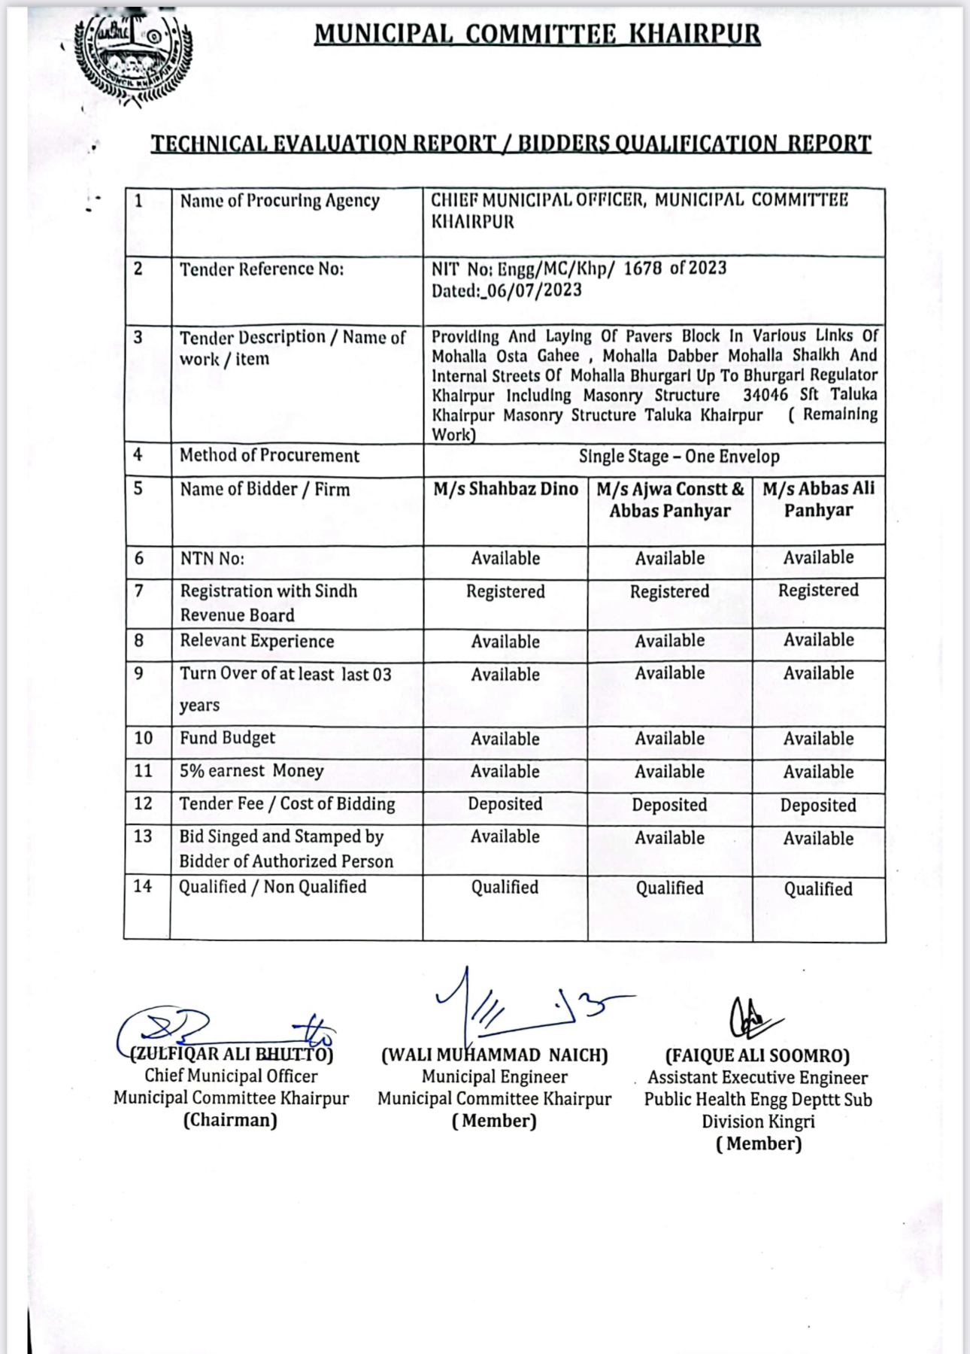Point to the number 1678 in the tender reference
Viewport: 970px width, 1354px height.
click(643, 269)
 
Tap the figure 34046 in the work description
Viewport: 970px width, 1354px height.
click(765, 395)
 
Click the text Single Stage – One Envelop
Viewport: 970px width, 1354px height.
click(678, 457)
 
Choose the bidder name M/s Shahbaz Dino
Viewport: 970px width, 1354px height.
click(505, 489)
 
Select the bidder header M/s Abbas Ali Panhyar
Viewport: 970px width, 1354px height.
click(818, 499)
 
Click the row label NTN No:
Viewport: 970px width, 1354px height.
click(212, 558)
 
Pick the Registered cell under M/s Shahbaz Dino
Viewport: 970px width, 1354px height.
click(505, 591)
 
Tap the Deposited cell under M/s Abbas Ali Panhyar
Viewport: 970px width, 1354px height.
click(818, 805)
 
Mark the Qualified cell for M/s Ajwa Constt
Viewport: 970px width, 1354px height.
click(669, 888)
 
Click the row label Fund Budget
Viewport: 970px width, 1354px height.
click(227, 738)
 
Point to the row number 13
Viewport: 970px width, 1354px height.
click(143, 836)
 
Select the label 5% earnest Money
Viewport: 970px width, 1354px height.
click(251, 771)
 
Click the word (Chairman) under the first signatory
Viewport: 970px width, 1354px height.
click(230, 1120)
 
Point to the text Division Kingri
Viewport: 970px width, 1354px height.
click(758, 1122)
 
